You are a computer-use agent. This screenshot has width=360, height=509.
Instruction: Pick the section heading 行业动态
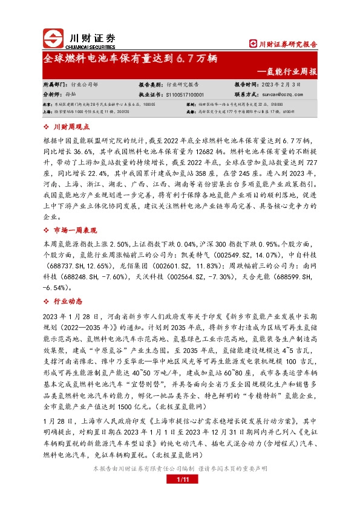pyautogui.click(x=67, y=301)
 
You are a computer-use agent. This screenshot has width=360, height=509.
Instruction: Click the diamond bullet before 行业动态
pyautogui.click(x=47, y=301)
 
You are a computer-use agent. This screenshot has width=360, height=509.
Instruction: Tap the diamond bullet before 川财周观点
pyautogui.click(x=47, y=127)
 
